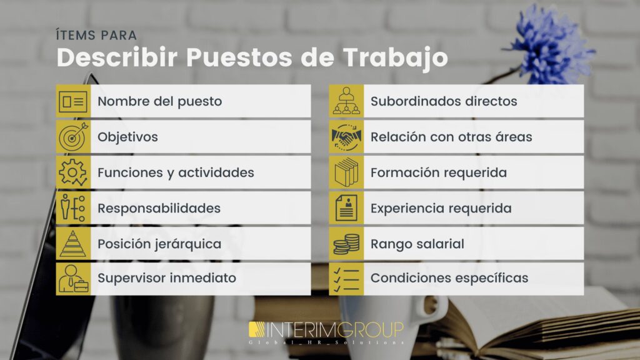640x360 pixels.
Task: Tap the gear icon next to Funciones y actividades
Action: (73, 172)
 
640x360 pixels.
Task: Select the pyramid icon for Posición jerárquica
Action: (73, 244)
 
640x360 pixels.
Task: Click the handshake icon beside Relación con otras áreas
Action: (346, 137)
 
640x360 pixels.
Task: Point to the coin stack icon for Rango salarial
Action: (346, 244)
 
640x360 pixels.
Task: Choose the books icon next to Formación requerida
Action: (346, 172)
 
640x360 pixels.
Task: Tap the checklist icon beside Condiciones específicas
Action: (346, 279)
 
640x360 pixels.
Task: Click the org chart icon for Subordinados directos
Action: (346, 101)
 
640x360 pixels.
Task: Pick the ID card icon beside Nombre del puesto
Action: (73, 101)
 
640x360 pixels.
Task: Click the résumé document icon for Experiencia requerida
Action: (346, 208)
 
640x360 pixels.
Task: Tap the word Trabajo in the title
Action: (395, 57)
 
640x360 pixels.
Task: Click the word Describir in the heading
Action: (117, 57)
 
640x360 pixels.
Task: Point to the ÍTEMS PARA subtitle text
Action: (96, 35)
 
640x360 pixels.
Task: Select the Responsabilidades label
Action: (159, 208)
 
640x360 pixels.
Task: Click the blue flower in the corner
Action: (551, 44)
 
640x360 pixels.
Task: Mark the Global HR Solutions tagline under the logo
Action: (326, 342)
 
